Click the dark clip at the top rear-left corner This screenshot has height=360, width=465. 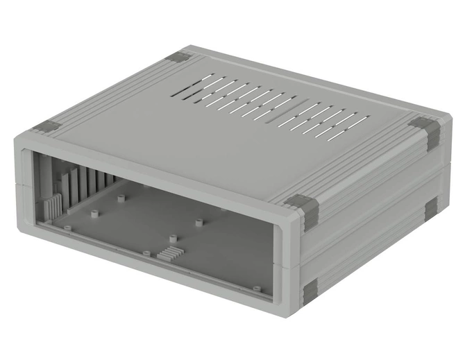pyautogui.click(x=181, y=58)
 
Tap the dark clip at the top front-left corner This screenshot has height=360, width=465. pyautogui.click(x=49, y=127)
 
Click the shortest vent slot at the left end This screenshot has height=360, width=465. pyautogui.click(x=182, y=92)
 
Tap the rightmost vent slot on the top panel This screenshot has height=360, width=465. pyautogui.click(x=357, y=121)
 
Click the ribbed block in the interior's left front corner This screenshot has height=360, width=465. pyautogui.click(x=52, y=206)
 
